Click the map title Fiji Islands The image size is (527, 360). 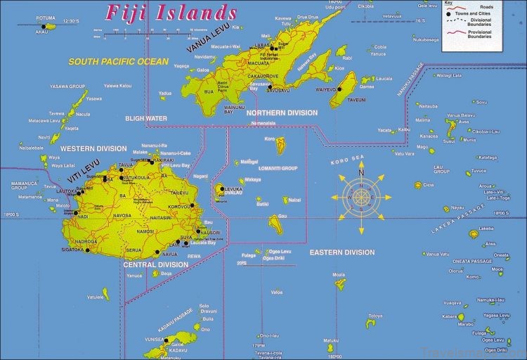[170, 12]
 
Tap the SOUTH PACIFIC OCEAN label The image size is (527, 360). [118, 62]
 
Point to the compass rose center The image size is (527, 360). [361, 198]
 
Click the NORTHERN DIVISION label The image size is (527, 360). [282, 112]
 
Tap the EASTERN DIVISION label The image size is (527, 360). [342, 252]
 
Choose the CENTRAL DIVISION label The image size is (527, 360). [155, 264]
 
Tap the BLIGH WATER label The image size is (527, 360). [146, 118]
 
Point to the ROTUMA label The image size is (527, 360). [46, 19]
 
